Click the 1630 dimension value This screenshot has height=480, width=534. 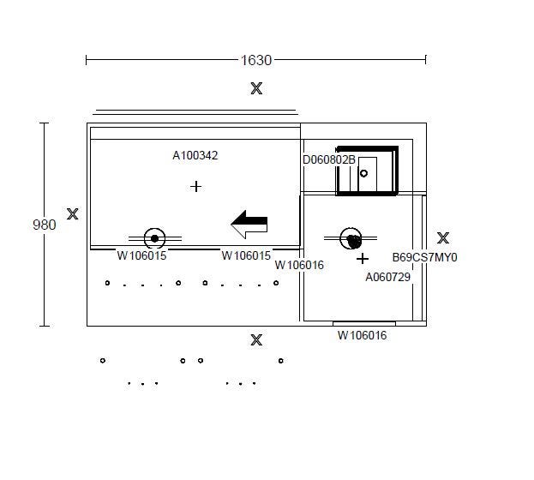tap(256, 60)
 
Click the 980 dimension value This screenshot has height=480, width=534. tap(45, 225)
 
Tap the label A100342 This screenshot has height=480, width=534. tap(195, 155)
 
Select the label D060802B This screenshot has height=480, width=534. tap(329, 159)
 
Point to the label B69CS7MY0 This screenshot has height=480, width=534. tap(424, 257)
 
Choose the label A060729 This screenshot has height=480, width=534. tap(388, 277)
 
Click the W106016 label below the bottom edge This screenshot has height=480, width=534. tap(362, 335)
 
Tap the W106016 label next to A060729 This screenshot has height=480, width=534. tap(299, 265)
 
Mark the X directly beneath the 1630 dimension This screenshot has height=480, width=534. tap(256, 88)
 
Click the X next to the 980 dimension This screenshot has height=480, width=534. tap(73, 214)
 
